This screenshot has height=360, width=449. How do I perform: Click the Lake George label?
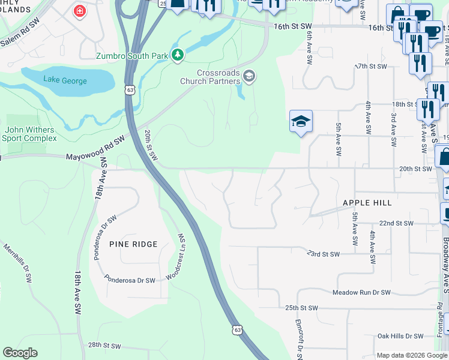point(65,80)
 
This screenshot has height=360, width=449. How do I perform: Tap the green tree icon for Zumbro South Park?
point(177,55)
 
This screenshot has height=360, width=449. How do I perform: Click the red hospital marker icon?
point(79,11)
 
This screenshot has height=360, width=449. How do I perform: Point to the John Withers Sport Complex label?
point(29,134)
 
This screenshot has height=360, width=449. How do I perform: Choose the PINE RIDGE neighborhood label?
point(133,244)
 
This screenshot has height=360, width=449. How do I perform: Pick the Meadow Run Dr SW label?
point(361,292)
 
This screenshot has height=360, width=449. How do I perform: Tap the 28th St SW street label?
point(105,346)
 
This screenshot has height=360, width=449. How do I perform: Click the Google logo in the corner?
point(20,353)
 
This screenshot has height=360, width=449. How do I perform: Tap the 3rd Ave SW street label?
point(393,129)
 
